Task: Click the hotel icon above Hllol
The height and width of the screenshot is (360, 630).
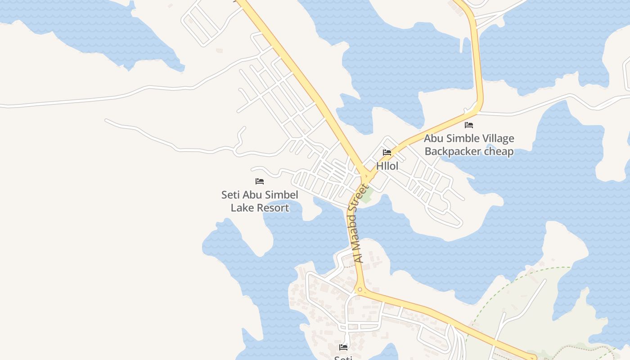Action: click(387, 153)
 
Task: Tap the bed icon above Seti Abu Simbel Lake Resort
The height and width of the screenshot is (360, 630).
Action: click(260, 181)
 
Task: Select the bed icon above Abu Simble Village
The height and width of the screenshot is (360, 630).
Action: click(469, 125)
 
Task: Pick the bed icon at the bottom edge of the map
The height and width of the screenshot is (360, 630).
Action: click(343, 347)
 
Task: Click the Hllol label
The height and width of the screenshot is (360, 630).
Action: click(387, 166)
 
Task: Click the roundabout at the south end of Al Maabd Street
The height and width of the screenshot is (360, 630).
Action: click(360, 290)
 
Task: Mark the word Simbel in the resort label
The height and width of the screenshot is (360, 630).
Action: click(281, 195)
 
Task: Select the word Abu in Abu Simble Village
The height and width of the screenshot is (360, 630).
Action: click(433, 139)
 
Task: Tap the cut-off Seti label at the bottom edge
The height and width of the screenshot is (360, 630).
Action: click(343, 357)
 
